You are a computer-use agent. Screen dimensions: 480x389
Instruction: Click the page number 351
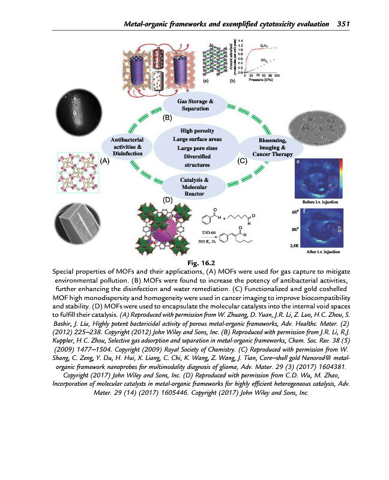(343, 24)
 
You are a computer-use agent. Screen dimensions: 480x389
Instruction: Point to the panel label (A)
(104, 161)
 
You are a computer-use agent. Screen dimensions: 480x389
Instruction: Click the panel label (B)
(168, 118)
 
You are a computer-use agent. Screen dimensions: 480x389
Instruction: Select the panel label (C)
(243, 161)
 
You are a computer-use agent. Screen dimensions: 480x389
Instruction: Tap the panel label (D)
(167, 198)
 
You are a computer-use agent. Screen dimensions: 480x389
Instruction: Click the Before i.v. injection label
(315, 203)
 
